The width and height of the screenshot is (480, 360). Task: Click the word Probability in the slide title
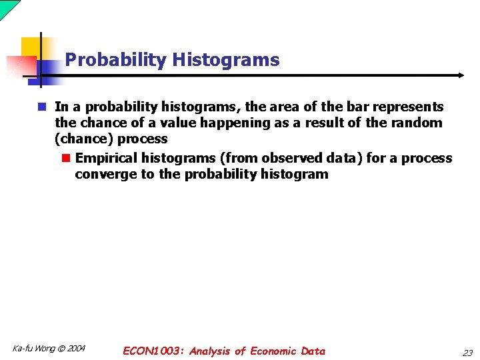(x=115, y=60)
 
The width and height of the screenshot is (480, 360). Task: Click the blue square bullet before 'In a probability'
(x=41, y=107)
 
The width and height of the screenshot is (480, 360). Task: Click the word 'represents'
(x=407, y=107)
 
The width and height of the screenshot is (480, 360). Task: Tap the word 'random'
(x=418, y=123)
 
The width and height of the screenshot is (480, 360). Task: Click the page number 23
(x=467, y=353)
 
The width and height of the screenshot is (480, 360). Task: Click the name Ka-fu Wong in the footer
(x=33, y=349)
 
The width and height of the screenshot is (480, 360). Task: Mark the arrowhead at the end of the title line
(x=461, y=75)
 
